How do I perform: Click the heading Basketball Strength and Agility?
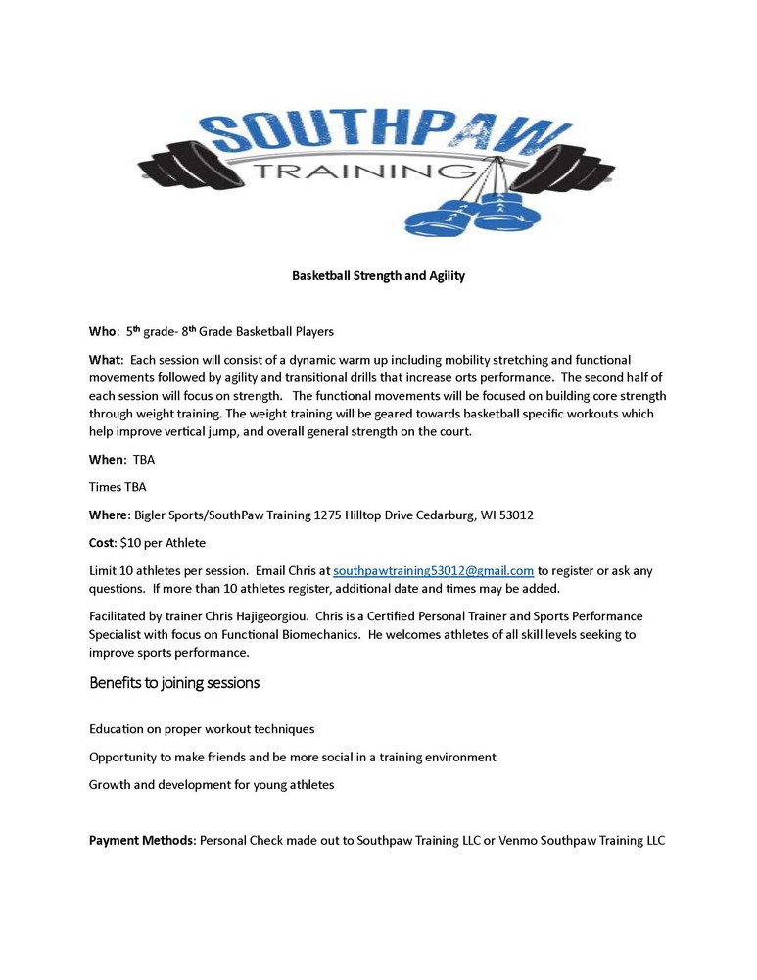point(378,276)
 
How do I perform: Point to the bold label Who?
point(103,332)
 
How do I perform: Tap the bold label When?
point(107,459)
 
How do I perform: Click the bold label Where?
point(109,514)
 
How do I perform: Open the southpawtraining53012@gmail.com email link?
point(433,570)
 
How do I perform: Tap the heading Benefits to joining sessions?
point(174,682)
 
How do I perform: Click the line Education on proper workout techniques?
point(202,729)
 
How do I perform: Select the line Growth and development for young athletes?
point(212,785)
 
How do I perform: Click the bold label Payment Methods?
point(142,841)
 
